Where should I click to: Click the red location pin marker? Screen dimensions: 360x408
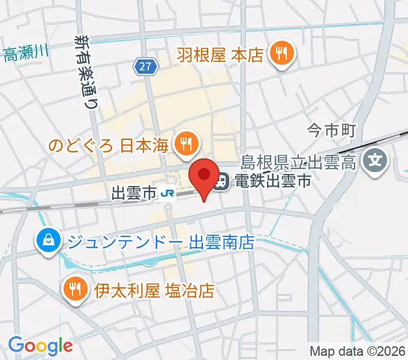coord(204,175)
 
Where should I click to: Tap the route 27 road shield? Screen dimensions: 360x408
coord(146,67)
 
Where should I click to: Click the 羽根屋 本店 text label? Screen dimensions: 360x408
coord(220,56)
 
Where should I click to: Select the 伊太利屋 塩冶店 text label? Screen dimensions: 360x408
coord(154,292)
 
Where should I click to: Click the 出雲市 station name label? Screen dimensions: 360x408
coord(134,193)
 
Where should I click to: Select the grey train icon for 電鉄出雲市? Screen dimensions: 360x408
coord(221,180)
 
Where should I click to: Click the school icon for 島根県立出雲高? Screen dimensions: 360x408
coord(376,160)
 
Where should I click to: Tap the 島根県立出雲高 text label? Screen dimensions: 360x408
coord(298,161)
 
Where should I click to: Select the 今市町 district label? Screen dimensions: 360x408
coord(332,128)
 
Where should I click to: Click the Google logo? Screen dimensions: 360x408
coord(40,346)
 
